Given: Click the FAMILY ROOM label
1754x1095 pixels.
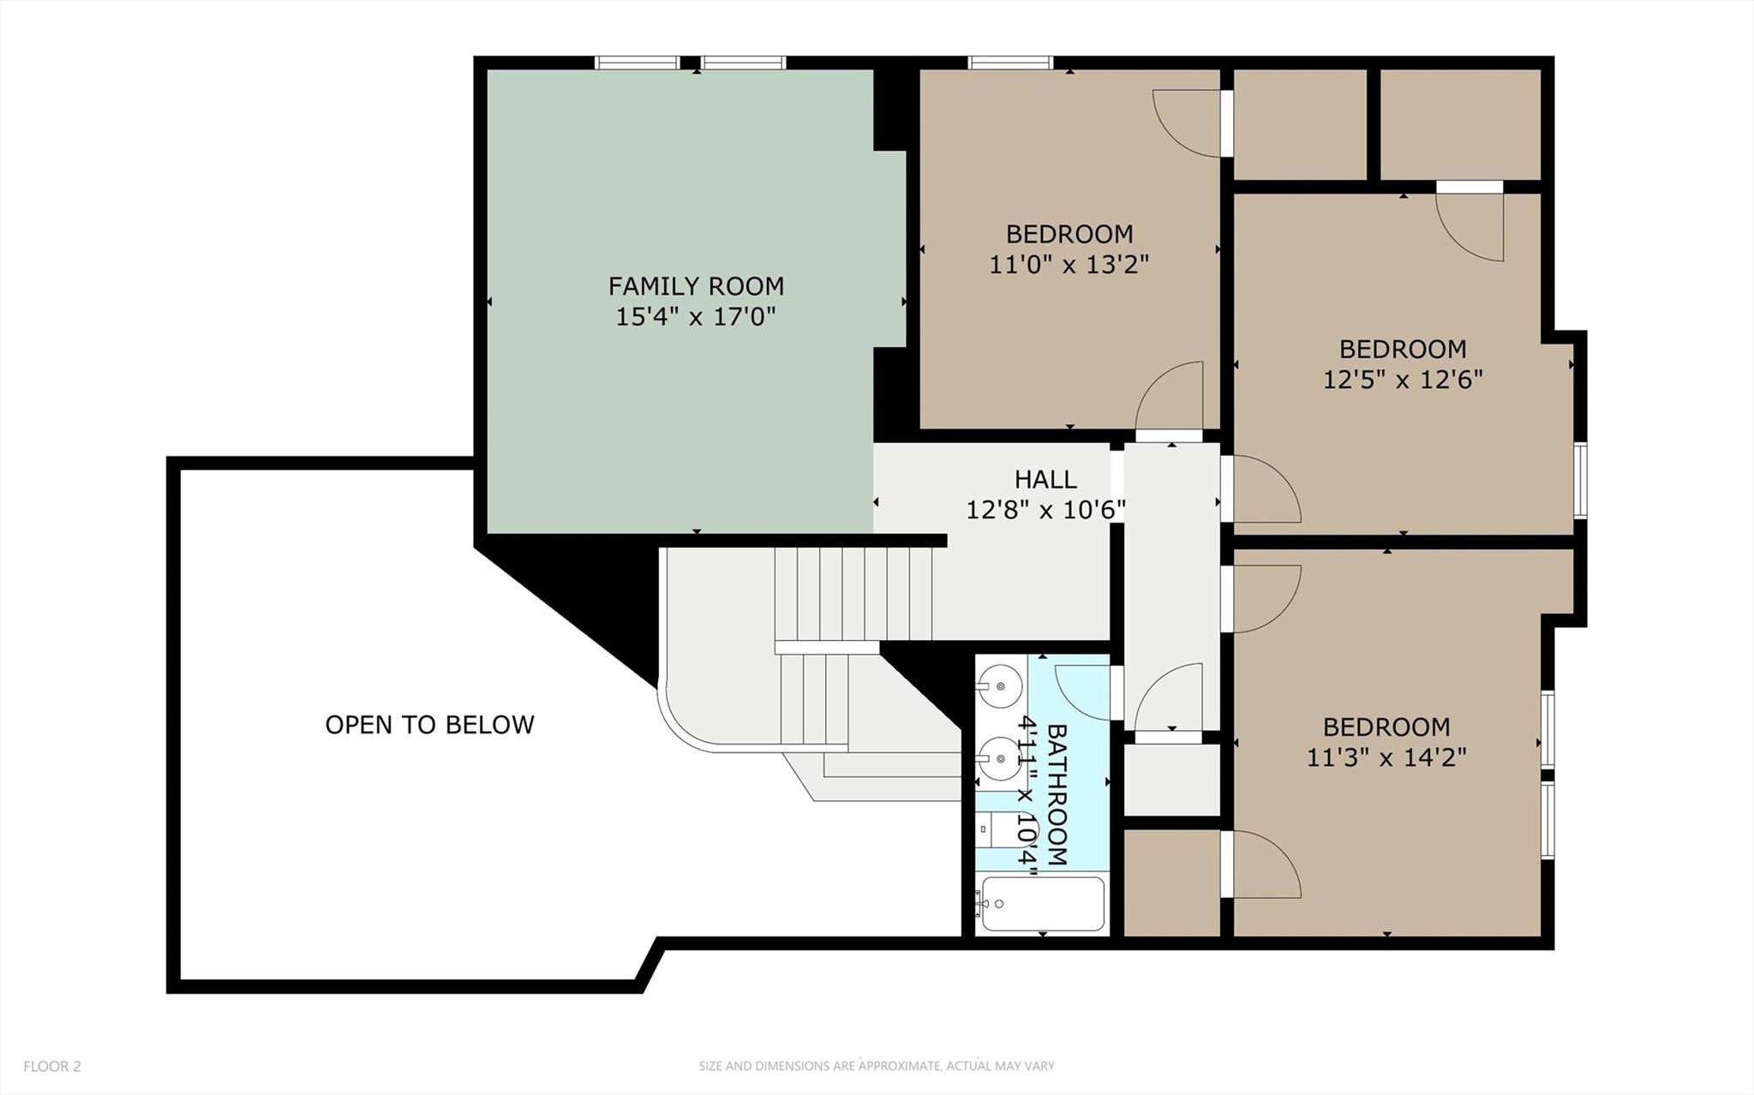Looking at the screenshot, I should point(696,285).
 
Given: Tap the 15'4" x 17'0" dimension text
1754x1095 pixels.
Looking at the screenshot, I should point(696,317).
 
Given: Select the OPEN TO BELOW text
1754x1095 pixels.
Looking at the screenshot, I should point(429,725).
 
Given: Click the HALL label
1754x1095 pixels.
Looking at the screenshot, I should point(1045,479).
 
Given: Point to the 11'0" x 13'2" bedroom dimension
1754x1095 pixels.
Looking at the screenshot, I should point(1069,264).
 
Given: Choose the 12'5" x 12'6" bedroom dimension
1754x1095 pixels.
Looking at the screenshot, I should point(1403,379).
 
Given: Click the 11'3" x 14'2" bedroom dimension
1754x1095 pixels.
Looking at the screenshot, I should point(1386,757).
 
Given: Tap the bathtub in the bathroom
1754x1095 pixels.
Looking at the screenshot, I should point(1043,904).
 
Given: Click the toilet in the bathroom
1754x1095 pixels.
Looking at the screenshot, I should point(998,829).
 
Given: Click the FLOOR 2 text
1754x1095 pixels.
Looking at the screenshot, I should point(51,1067).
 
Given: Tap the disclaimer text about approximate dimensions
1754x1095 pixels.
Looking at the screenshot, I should point(876,1067).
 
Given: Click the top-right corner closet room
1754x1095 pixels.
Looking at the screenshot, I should point(1460,124).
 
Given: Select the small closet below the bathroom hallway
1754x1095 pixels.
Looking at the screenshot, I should point(1171,780).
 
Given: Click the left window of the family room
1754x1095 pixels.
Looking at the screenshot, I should point(638,63).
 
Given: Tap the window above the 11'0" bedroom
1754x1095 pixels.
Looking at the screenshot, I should point(1010,63).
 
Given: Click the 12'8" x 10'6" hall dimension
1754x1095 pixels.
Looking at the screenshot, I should point(1045,511).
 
